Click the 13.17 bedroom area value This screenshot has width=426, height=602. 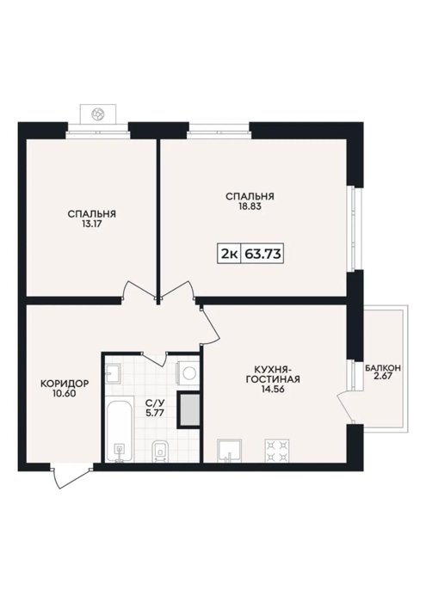pyautogui.click(x=91, y=224)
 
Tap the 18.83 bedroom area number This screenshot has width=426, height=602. pyautogui.click(x=250, y=206)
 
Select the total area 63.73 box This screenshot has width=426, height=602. pyautogui.click(x=262, y=254)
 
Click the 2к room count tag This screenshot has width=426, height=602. pyautogui.click(x=229, y=254)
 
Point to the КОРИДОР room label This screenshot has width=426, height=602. pyautogui.click(x=65, y=384)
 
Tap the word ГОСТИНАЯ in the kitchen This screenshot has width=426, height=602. pyautogui.click(x=273, y=379)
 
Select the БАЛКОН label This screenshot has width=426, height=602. pyautogui.click(x=383, y=368)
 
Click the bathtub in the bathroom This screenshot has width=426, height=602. pyautogui.click(x=119, y=431)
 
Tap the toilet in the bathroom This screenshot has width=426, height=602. pyautogui.click(x=160, y=451)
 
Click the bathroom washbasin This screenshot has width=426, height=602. pyautogui.click(x=113, y=372)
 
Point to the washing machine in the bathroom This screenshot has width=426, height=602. pyautogui.click(x=188, y=372)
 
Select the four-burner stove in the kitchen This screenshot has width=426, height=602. pyautogui.click(x=276, y=451)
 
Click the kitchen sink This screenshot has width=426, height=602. pyautogui.click(x=229, y=451)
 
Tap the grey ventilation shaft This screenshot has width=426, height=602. pyautogui.click(x=188, y=410)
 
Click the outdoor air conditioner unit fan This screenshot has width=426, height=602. pyautogui.click(x=97, y=114)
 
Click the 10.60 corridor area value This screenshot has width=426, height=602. pyautogui.click(x=65, y=393)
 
